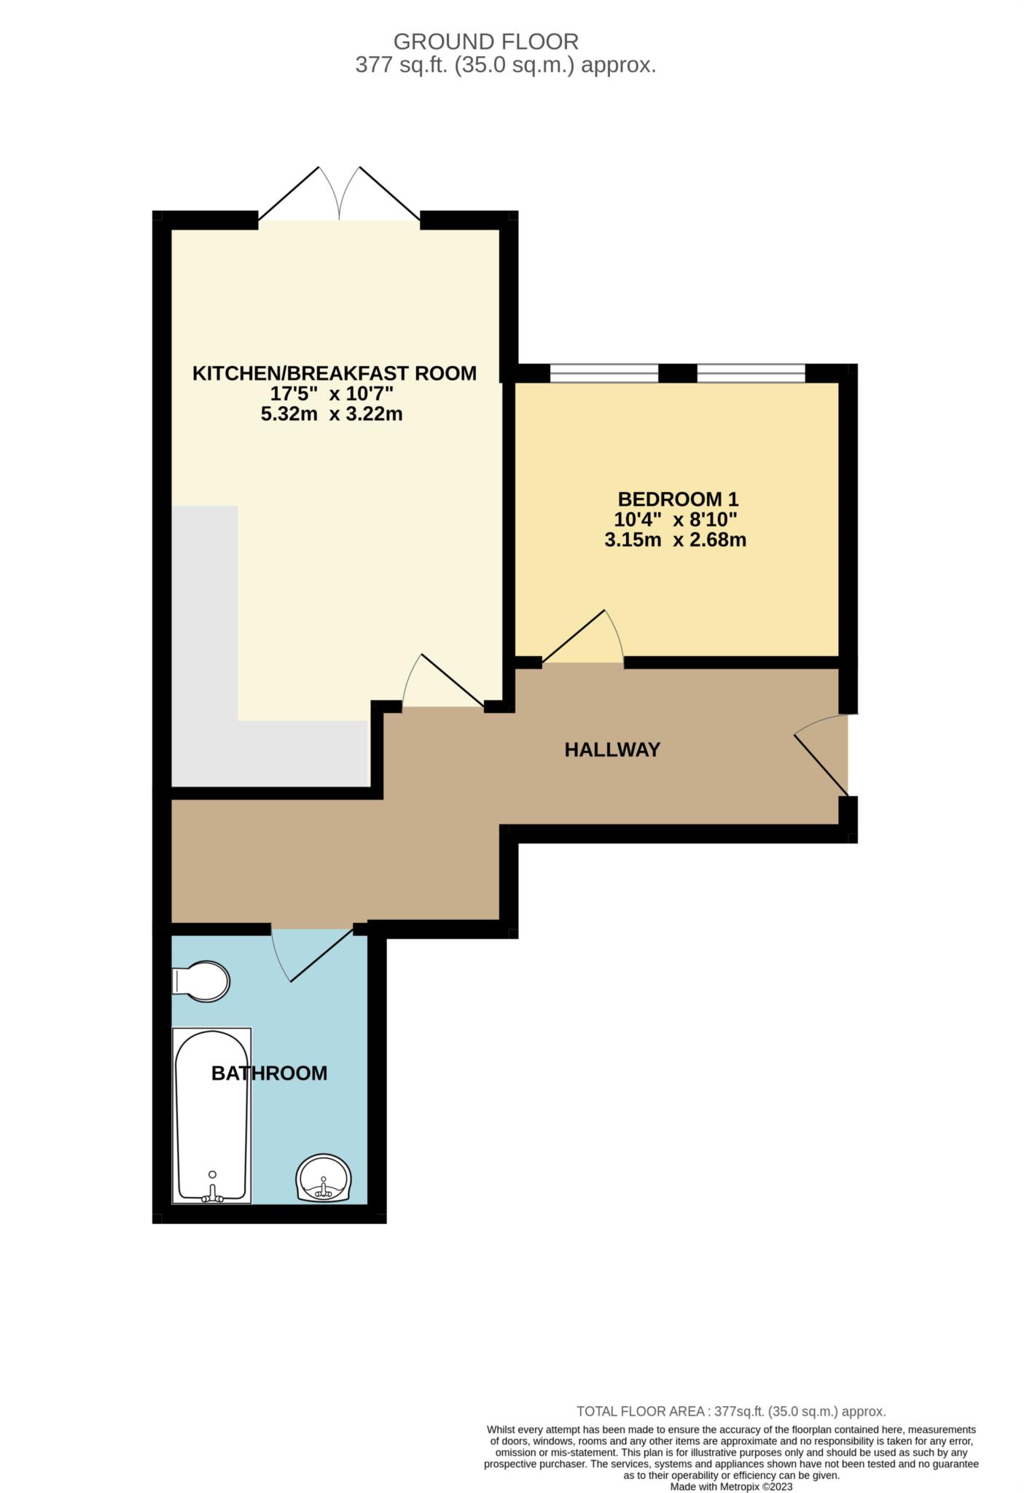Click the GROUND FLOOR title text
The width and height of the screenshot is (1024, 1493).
pyautogui.click(x=486, y=42)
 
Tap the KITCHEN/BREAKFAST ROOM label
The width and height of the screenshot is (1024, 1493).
pyautogui.click(x=335, y=373)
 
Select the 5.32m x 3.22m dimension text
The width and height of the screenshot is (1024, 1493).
pyautogui.click(x=332, y=415)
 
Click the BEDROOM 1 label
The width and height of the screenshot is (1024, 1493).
pyautogui.click(x=678, y=499)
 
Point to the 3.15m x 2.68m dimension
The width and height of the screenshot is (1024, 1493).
pyautogui.click(x=676, y=540)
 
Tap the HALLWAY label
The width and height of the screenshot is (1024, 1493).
pyautogui.click(x=612, y=749)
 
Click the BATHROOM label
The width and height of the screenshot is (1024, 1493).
pyautogui.click(x=269, y=1073)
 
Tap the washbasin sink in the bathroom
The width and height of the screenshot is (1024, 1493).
pyautogui.click(x=324, y=1178)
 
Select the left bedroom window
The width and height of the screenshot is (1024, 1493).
pyautogui.click(x=604, y=373)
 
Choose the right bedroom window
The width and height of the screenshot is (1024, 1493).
pyautogui.click(x=751, y=373)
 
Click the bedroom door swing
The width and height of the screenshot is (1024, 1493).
pyautogui.click(x=583, y=638)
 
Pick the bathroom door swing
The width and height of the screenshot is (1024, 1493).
pyautogui.click(x=313, y=951)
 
